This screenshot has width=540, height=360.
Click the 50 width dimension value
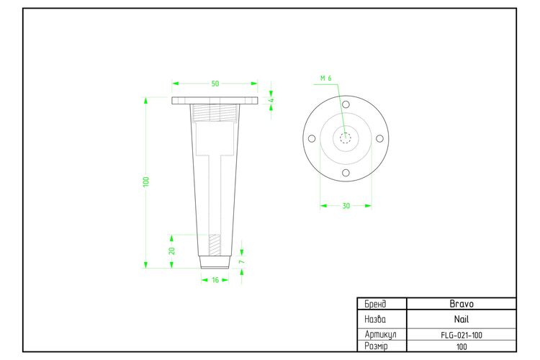(x=215, y=84)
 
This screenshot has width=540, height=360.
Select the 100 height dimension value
(x=146, y=182)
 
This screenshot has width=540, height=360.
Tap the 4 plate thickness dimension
(x=271, y=101)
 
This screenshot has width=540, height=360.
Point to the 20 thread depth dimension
(x=172, y=251)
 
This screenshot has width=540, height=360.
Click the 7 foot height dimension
(x=242, y=262)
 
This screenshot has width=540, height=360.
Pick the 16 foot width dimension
(x=215, y=280)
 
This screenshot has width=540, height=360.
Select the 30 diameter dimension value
(x=346, y=206)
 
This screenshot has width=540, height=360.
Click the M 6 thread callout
(x=325, y=78)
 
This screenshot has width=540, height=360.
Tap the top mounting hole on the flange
(x=346, y=104)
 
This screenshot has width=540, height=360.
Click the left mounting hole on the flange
(x=312, y=138)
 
